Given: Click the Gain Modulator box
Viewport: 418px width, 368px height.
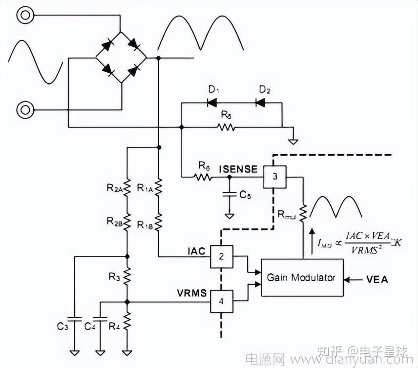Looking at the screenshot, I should coord(302,277).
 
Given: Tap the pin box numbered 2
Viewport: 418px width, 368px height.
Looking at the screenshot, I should coord(221,257).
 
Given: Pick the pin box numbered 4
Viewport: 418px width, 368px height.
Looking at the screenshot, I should coord(221,302).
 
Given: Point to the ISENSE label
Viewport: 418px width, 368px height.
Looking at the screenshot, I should coord(238,169).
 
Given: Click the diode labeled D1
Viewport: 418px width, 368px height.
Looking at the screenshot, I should coord(212,103).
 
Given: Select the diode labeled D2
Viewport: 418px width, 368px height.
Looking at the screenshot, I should coord(261,103).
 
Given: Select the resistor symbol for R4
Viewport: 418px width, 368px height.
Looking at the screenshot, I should coord(127,322).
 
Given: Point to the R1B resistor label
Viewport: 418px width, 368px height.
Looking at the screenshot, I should coord(146,224).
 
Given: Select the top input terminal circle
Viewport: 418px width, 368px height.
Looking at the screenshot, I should coord(24,15).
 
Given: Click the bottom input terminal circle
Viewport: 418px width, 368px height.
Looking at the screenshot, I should coord(24,108).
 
